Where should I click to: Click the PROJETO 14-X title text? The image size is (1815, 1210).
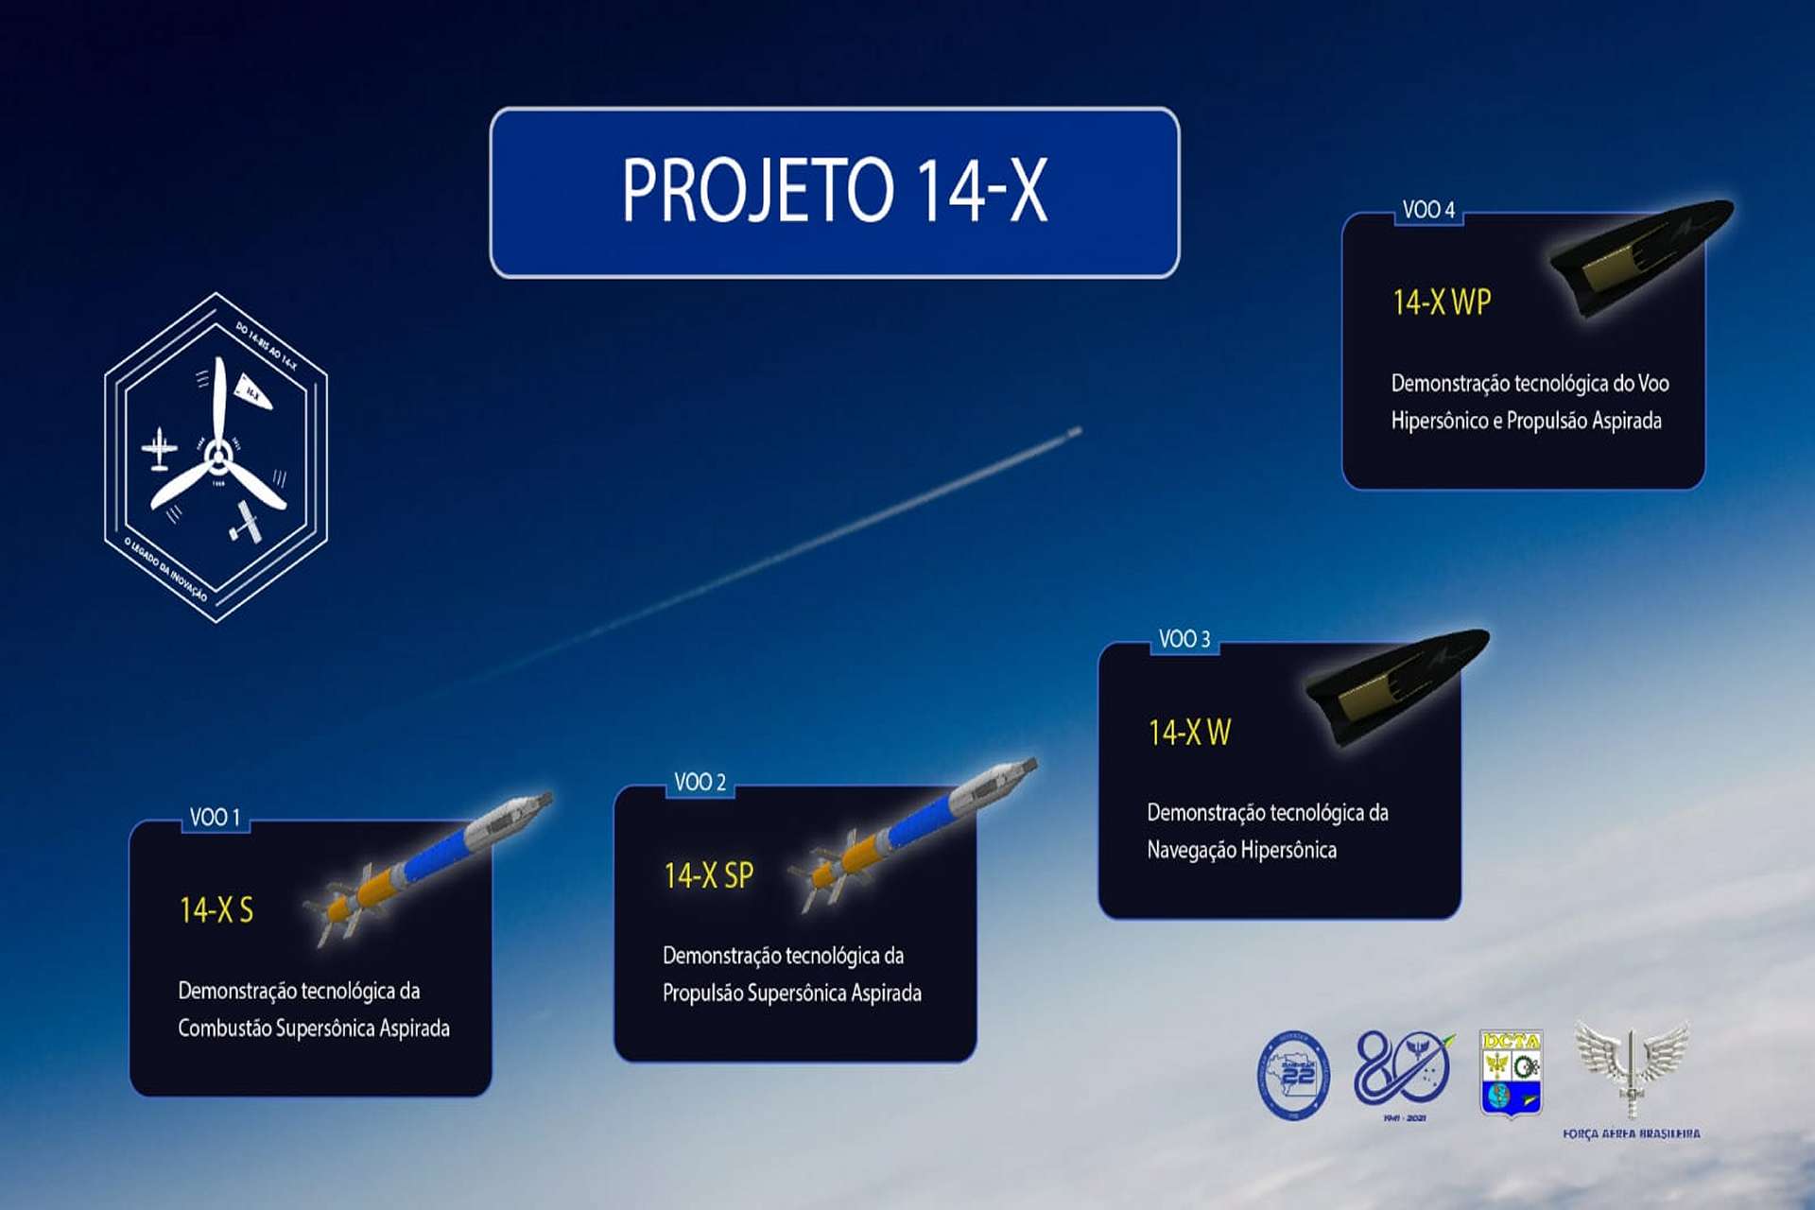(834, 190)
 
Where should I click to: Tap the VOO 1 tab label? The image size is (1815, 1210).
(215, 817)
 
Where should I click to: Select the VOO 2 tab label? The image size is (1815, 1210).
(700, 782)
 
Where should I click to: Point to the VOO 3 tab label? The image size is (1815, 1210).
(1184, 639)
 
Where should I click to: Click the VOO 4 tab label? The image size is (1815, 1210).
(1427, 209)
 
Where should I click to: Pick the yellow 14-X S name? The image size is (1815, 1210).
(216, 909)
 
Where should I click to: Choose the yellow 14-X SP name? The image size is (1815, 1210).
(708, 875)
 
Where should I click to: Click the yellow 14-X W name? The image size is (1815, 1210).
(1189, 732)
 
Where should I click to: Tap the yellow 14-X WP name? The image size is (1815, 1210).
(1442, 302)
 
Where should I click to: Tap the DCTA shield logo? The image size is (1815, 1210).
(1510, 1073)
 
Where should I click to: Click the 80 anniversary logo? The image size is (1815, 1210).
(1403, 1073)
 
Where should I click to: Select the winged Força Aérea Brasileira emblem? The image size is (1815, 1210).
(1631, 1068)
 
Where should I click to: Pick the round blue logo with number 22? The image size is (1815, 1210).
(1293, 1075)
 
